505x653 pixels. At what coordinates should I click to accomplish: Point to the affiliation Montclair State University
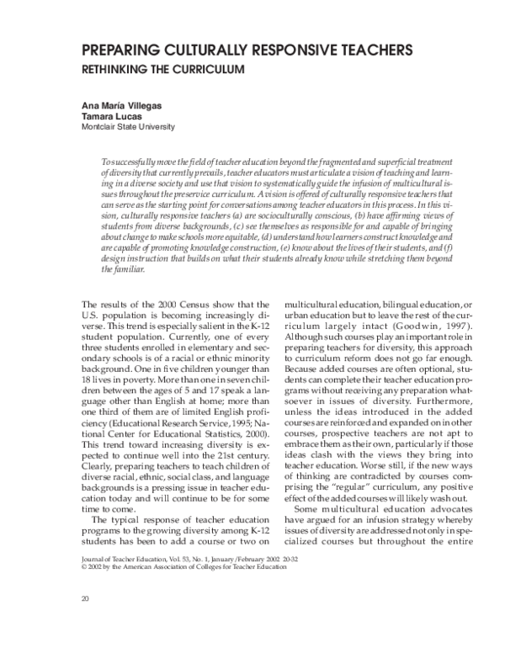coord(128,127)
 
